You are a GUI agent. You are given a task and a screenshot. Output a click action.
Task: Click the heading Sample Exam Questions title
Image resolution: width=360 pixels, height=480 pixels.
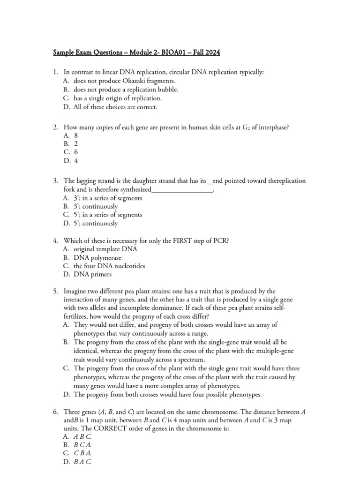coord(136,52)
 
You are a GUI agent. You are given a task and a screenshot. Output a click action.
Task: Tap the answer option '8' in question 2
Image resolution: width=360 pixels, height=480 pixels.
coord(75,135)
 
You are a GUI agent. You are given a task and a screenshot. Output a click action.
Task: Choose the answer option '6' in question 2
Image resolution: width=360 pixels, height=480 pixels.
coord(75,152)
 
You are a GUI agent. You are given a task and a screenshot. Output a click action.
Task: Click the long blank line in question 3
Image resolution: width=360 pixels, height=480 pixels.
coord(182,189)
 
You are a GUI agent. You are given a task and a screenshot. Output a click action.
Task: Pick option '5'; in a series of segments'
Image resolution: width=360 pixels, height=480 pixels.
coord(108,215)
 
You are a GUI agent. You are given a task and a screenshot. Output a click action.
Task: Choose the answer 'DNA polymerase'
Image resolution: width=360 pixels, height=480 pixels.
coord(97,258)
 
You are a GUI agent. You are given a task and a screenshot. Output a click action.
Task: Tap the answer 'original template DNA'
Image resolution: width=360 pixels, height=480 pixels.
coord(105,249)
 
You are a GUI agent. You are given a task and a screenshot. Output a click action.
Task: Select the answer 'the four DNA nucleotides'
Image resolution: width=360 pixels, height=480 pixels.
coord(109,266)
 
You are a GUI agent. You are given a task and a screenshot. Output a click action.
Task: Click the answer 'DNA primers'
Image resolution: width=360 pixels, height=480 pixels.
coord(93,275)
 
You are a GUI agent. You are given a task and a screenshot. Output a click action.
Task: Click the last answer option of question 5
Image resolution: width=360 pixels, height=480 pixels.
coord(167,394)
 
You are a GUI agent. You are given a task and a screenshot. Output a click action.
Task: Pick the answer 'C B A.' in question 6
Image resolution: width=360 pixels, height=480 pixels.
coord(82,454)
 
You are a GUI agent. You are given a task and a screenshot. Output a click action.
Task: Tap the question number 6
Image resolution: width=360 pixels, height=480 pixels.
coord(55,412)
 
